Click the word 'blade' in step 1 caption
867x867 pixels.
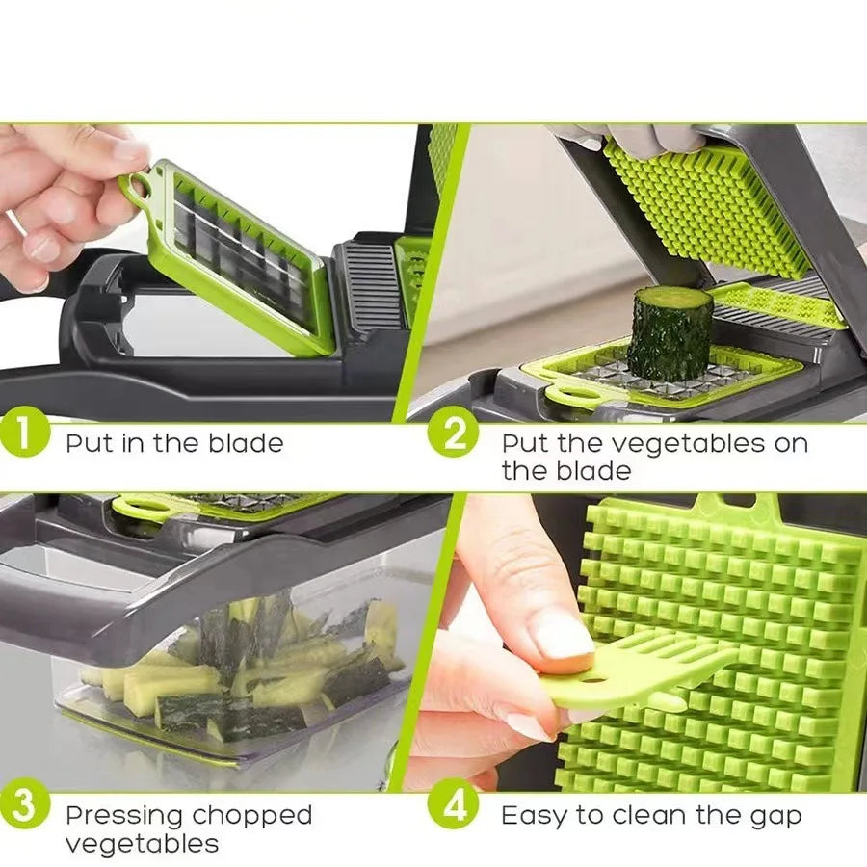(246, 444)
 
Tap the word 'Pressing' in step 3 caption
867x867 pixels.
(123, 816)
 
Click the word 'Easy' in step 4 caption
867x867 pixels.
(534, 816)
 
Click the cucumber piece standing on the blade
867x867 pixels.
(670, 332)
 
